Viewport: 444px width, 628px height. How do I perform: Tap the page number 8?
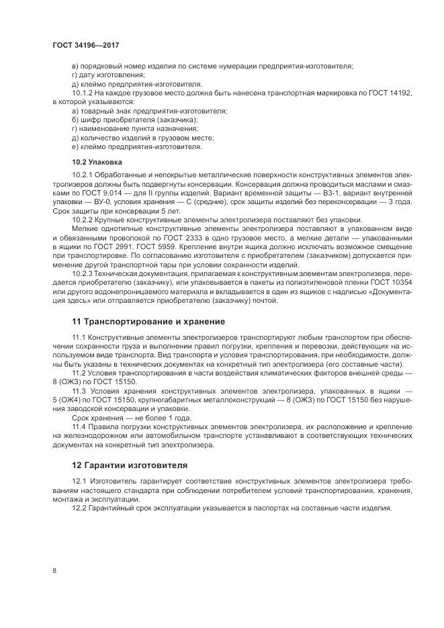tap(54, 570)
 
